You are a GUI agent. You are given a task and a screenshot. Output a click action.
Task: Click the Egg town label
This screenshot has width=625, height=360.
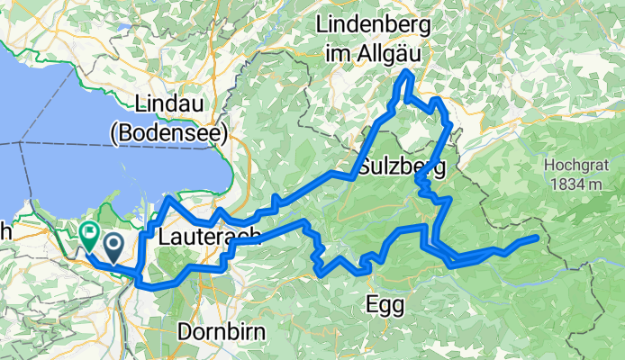click(x=385, y=304)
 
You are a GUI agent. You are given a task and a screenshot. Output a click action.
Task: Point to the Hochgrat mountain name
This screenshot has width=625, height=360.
click(x=573, y=166)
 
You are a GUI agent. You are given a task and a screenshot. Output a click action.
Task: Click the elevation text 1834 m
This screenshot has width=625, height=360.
click(x=573, y=184)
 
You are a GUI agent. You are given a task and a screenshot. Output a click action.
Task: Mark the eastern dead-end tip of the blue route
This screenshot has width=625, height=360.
click(x=537, y=238)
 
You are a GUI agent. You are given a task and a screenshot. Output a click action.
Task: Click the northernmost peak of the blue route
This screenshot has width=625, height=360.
click(x=409, y=71)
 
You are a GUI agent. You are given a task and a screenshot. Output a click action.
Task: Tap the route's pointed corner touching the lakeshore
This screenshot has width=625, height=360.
click(x=168, y=196)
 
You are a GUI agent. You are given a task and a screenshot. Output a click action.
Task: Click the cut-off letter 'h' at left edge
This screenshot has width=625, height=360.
click(x=5, y=231)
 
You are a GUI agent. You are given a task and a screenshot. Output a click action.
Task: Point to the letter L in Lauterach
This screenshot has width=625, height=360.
click(x=164, y=238)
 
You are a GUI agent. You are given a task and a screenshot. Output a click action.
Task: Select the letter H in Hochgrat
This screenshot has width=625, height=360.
click(x=549, y=166)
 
